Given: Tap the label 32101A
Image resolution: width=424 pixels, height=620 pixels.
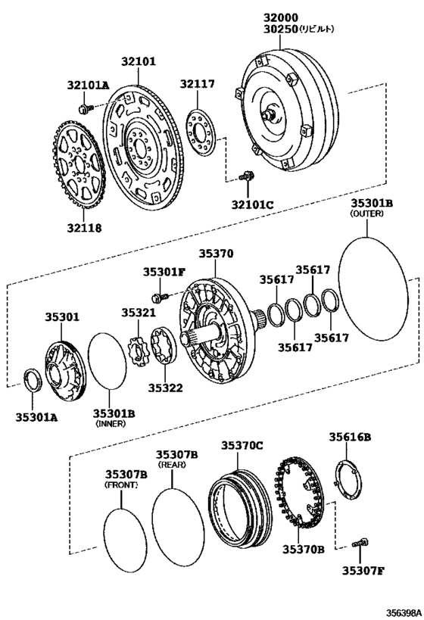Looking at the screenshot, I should (87, 86).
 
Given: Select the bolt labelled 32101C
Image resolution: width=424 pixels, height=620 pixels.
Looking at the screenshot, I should (244, 176).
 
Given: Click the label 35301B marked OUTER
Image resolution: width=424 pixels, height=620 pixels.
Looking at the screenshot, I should (371, 203).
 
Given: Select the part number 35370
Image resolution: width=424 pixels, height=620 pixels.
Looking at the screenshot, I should (216, 255).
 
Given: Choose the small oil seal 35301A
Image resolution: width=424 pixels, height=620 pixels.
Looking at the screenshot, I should (33, 378).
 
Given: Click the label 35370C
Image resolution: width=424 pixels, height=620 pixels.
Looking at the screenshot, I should (242, 447).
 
